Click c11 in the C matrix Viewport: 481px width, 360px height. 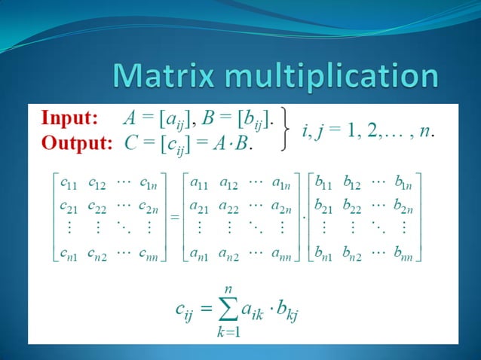(x=66, y=182)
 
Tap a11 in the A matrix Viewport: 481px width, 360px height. (x=198, y=182)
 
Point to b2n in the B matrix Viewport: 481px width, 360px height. (x=402, y=204)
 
